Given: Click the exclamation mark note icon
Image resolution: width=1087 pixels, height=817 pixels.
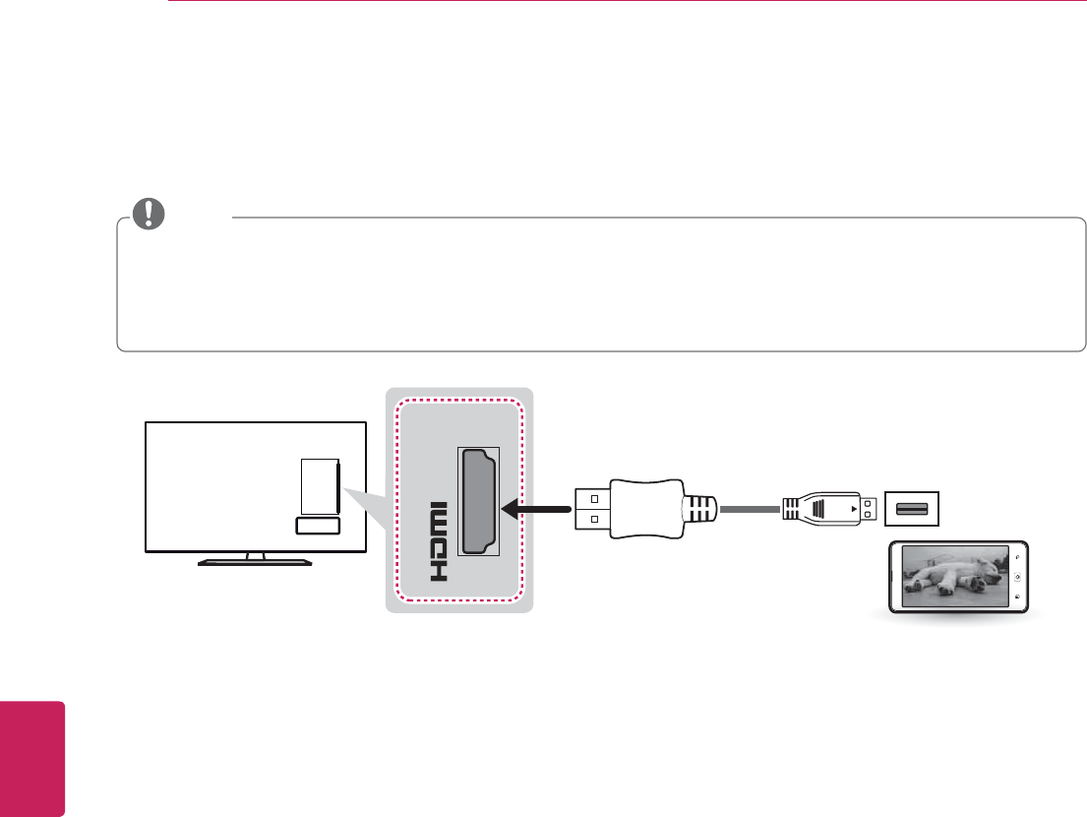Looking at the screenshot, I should point(150,213).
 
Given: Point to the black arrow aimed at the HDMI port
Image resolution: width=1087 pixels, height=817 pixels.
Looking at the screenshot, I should point(536,509).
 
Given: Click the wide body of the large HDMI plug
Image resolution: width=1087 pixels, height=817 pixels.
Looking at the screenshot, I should point(643,509).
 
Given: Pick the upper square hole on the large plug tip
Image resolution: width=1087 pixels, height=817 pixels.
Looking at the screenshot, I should point(594,498).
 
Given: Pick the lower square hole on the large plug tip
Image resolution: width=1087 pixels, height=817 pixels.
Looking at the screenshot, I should point(594,521).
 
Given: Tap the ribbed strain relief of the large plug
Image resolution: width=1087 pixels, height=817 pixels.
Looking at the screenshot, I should point(699,509).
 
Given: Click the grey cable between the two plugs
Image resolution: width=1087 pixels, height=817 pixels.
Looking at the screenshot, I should point(750,509).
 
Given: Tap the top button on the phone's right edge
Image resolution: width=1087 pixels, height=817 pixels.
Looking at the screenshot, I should point(1017,556).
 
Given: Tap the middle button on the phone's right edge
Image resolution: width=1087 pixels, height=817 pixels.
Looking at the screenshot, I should point(1017,577).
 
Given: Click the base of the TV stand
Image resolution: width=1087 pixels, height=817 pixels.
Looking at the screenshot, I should point(255,563).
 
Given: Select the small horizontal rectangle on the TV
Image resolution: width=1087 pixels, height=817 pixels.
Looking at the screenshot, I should point(317,527).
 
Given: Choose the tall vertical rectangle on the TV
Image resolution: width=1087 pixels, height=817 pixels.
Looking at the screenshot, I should point(319,484).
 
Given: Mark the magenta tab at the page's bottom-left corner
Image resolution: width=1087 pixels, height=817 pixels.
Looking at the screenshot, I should point(32,758).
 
